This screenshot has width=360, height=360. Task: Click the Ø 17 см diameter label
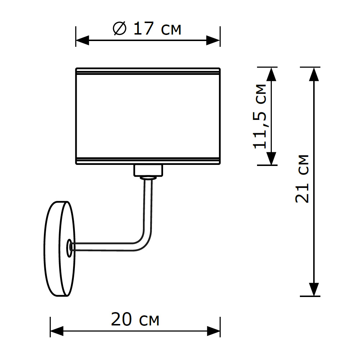147,29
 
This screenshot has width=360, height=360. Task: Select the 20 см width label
135,319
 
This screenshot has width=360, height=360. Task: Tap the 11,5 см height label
260,116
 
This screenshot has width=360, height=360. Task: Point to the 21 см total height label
302,179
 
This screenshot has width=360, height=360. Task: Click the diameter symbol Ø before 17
119,29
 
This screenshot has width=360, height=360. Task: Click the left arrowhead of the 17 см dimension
82,40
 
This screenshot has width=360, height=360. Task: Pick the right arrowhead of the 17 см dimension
213,40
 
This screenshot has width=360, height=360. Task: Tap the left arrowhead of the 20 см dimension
57,331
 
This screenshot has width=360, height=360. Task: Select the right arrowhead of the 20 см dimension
213,331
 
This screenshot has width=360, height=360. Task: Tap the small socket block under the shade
148,170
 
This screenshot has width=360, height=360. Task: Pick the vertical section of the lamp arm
148,205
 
